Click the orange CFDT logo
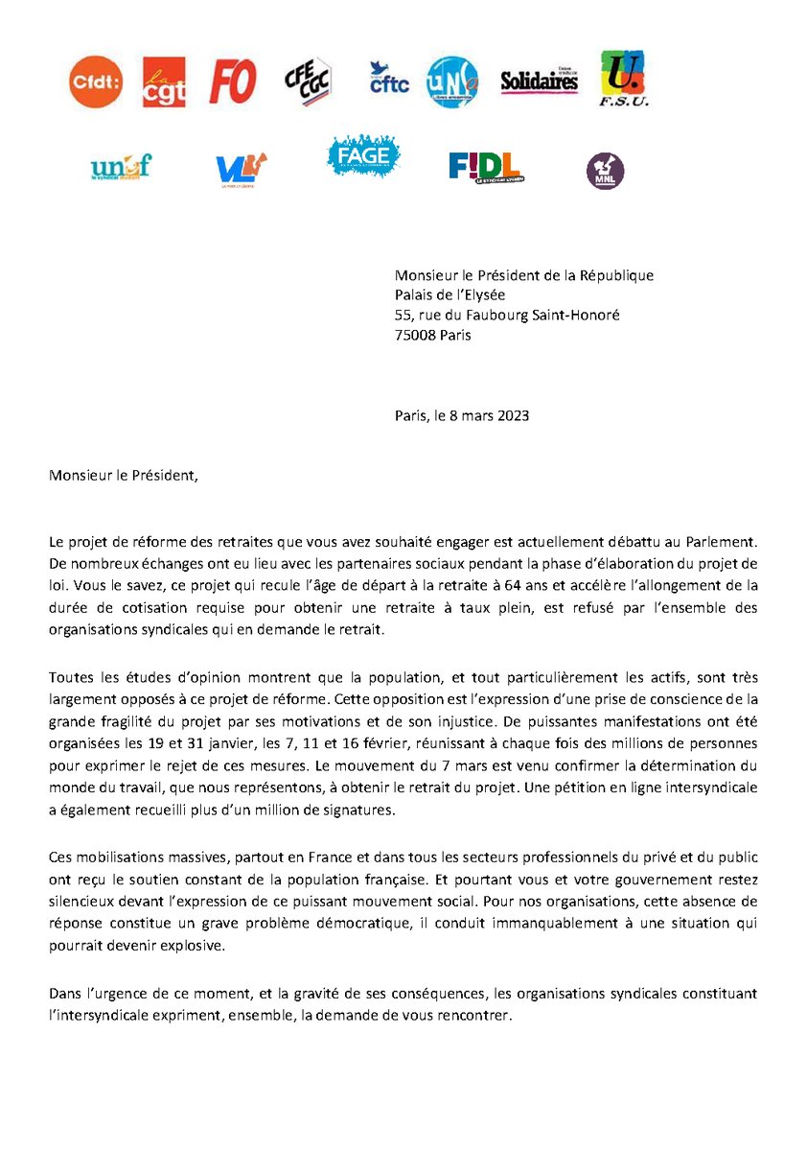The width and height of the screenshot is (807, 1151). tap(96, 82)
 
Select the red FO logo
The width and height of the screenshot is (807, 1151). tap(233, 81)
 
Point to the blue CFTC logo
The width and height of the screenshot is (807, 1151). tap(388, 79)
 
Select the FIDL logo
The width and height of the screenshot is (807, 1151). tap(485, 167)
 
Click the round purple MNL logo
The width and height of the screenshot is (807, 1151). tap(605, 171)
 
